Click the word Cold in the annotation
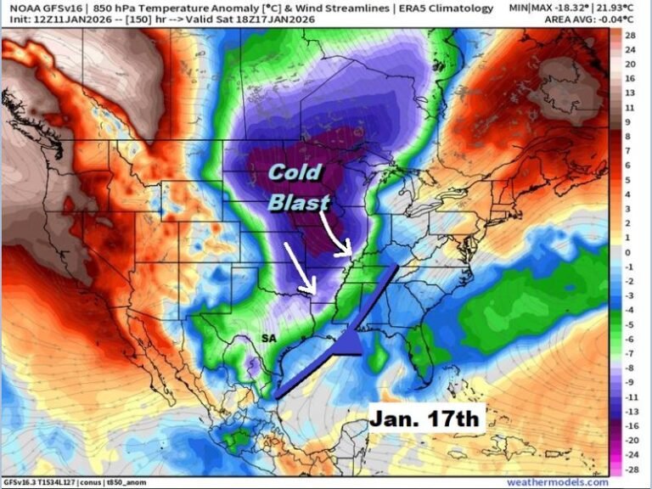click(295, 173)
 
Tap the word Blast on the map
click(298, 202)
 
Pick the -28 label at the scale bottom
click(629, 469)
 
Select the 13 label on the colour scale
click(629, 93)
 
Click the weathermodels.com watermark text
click(558, 482)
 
